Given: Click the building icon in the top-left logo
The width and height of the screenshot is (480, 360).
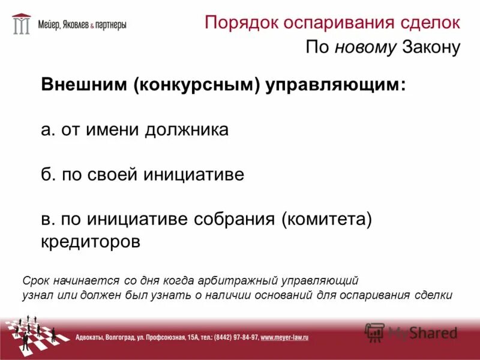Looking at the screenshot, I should pos(21,24).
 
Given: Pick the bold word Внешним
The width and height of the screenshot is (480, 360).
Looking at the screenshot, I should pos(83,85).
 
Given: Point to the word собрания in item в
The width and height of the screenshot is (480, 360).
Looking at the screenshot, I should pos(235,220).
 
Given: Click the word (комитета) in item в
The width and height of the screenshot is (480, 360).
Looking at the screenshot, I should pos(328,220).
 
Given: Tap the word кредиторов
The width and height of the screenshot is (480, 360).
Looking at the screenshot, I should pos(91,242).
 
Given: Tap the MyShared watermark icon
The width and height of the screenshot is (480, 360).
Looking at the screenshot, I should pos(375,331).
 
